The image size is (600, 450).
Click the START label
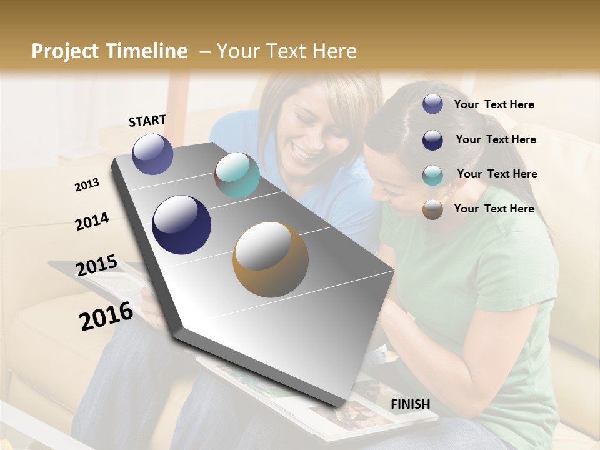pyautogui.click(x=147, y=121)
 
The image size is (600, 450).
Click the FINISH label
pyautogui.click(x=410, y=404)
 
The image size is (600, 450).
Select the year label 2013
pyautogui.click(x=87, y=185)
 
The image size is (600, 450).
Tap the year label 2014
pyautogui.click(x=92, y=221)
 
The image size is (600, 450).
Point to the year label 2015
pyautogui.click(x=96, y=266)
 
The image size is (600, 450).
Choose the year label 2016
pyautogui.click(x=106, y=316)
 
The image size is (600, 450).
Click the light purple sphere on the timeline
pyautogui.click(x=152, y=154)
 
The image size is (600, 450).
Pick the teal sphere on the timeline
pyautogui.click(x=237, y=175)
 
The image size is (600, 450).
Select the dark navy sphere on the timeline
pyautogui.click(x=181, y=225)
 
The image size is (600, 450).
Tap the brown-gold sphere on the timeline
pyautogui.click(x=270, y=259)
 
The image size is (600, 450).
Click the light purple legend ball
pyautogui.click(x=432, y=104)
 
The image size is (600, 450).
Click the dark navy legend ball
pyautogui.click(x=432, y=139)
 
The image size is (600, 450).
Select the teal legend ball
pyautogui.click(x=432, y=174)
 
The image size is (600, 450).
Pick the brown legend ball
pyautogui.click(x=432, y=209)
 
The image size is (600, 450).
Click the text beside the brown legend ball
pyautogui.click(x=494, y=209)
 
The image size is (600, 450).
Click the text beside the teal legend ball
pyautogui.click(x=497, y=174)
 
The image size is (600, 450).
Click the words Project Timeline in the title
pyautogui.click(x=109, y=51)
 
